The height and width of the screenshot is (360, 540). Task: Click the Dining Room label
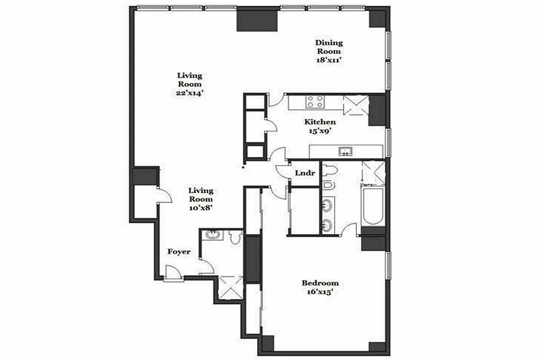pyautogui.click(x=328, y=47)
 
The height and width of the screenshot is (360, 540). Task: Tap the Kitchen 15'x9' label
pyautogui.click(x=320, y=126)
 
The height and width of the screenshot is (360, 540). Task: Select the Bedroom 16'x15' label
pyautogui.click(x=320, y=287)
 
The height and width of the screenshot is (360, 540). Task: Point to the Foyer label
pyautogui.click(x=179, y=252)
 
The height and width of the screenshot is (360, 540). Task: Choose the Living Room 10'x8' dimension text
pyautogui.click(x=201, y=207)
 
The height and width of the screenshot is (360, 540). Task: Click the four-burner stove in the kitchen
pyautogui.click(x=315, y=102)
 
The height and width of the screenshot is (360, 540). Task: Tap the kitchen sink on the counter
pyautogui.click(x=346, y=151)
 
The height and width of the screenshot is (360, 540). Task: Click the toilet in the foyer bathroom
pyautogui.click(x=235, y=237)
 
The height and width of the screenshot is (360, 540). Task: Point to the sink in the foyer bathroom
pyautogui.click(x=211, y=235)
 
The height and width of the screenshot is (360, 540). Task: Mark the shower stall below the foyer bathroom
pyautogui.click(x=230, y=288)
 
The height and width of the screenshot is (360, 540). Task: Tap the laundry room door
pyautogui.click(x=283, y=171)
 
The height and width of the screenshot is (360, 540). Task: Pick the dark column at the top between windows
pyautogui.click(x=257, y=20)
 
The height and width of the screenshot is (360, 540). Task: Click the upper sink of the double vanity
pyautogui.click(x=328, y=205)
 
